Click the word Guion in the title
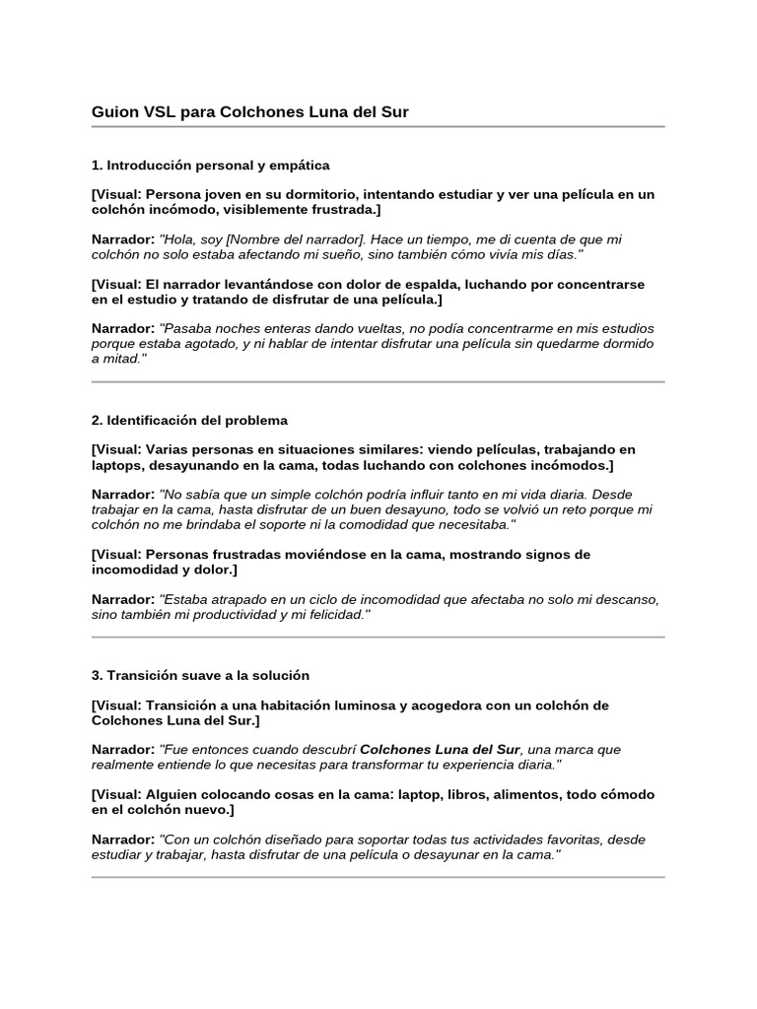(112, 112)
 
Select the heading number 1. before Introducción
(98, 165)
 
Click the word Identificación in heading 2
(152, 420)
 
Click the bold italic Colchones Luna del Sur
(440, 749)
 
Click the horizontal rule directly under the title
(378, 127)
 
